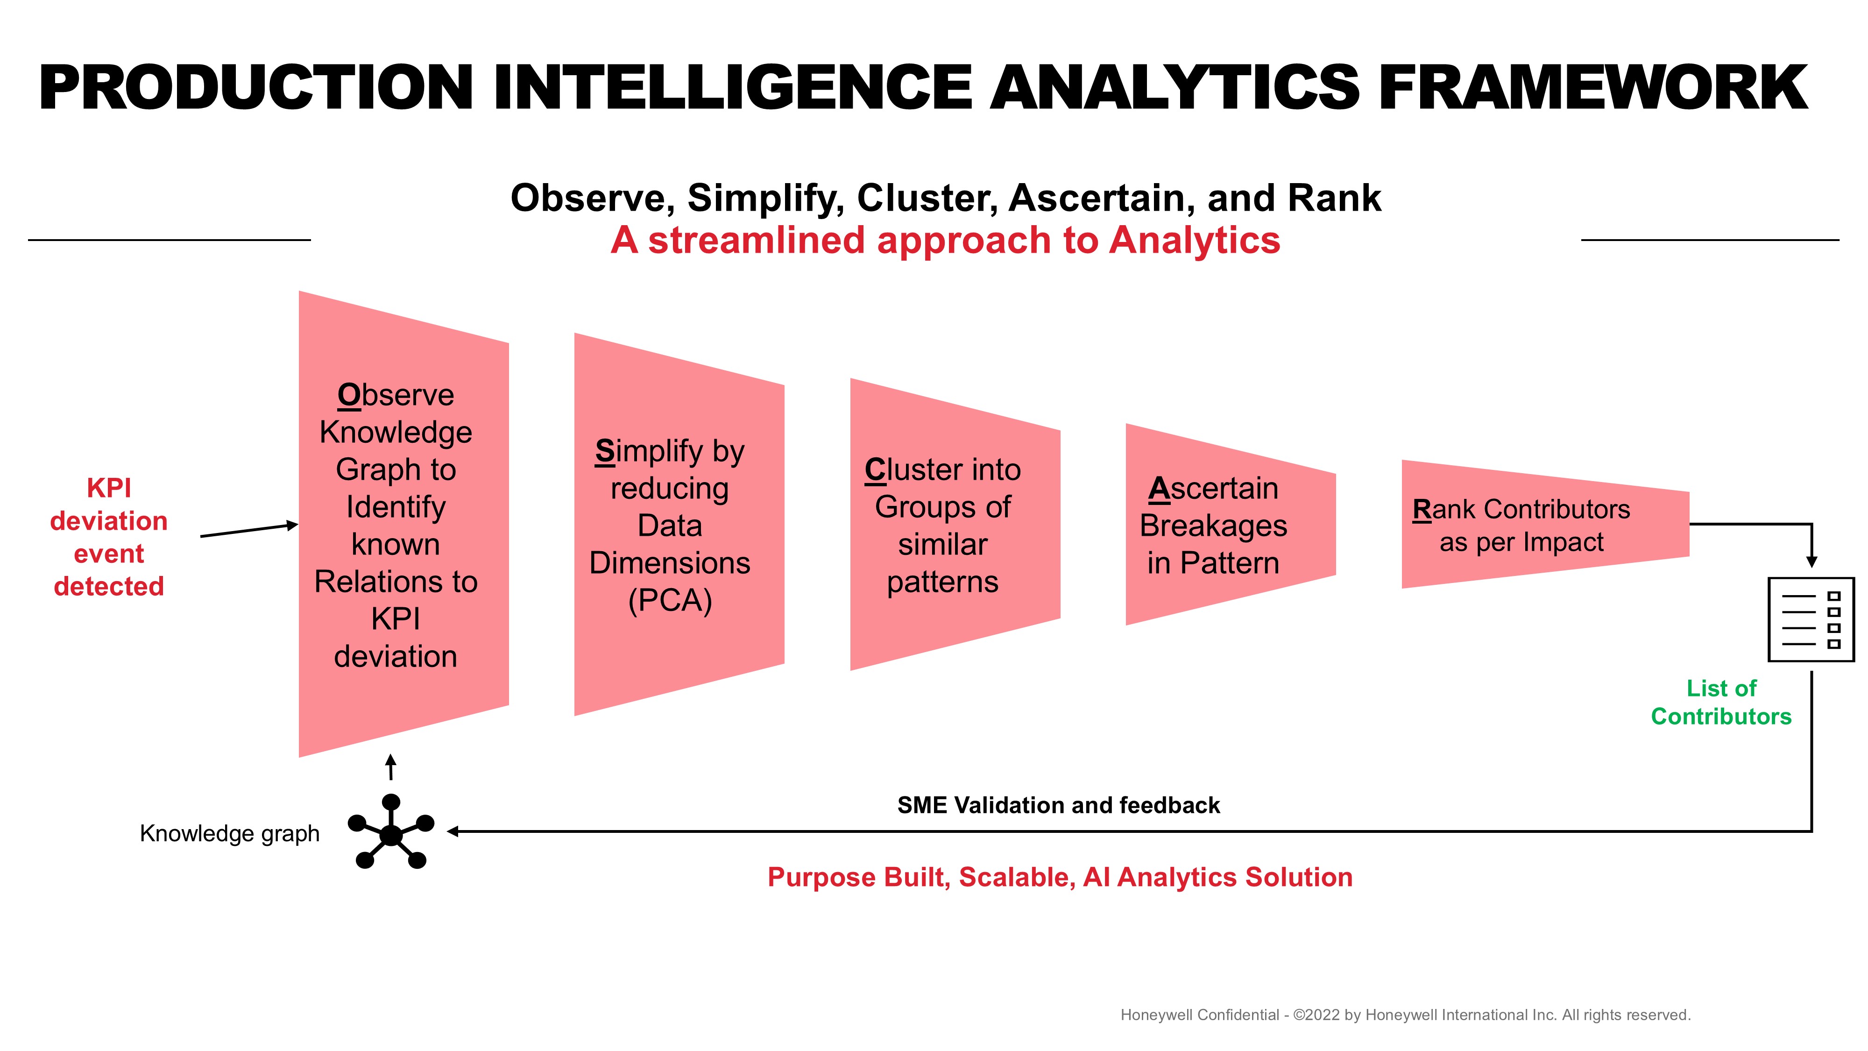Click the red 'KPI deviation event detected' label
(109, 537)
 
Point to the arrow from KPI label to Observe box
(249, 530)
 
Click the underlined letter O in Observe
(349, 395)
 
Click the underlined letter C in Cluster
(876, 470)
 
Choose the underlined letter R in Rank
(1422, 509)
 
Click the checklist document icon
(1811, 619)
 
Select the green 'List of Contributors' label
(1721, 702)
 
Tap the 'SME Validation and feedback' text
(1059, 805)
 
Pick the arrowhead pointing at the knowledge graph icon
(453, 831)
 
